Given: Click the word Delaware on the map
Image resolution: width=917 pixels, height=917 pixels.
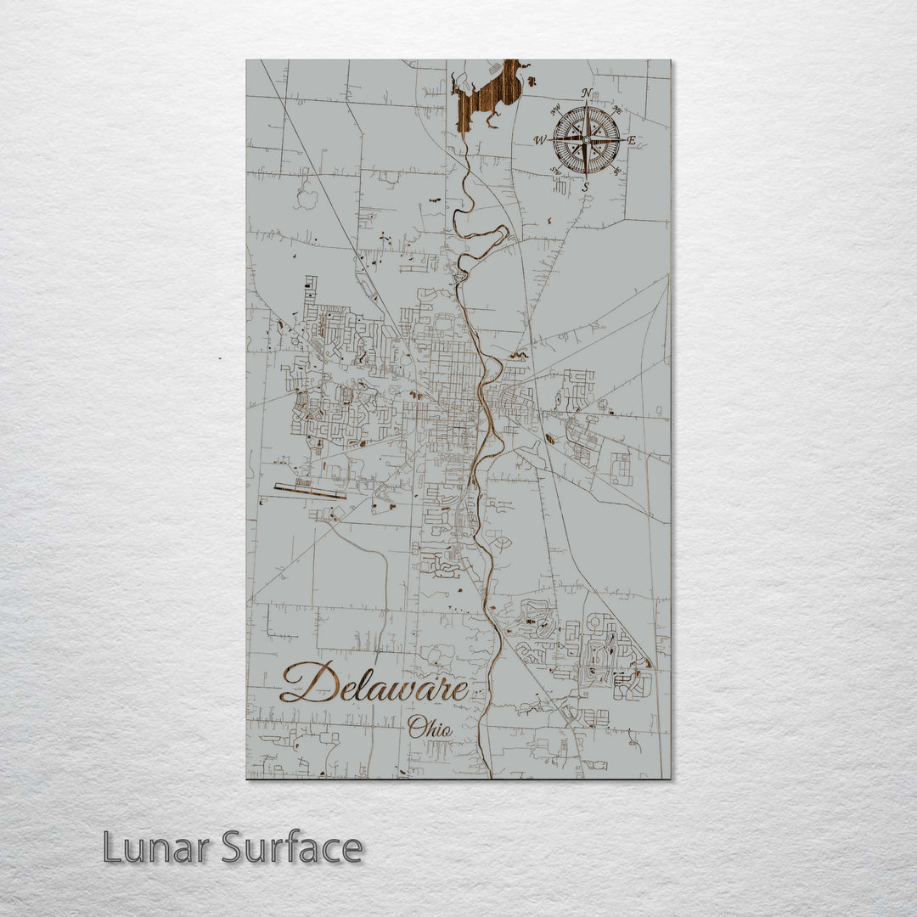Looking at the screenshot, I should pyautogui.click(x=374, y=684).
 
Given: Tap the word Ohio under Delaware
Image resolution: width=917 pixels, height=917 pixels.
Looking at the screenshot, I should pyautogui.click(x=430, y=727).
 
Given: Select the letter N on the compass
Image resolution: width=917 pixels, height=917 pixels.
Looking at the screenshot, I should pyautogui.click(x=587, y=93).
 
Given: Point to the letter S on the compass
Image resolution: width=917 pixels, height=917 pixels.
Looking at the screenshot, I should pyautogui.click(x=586, y=186).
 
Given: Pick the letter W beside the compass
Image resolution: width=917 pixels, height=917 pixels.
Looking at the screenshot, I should pyautogui.click(x=539, y=140).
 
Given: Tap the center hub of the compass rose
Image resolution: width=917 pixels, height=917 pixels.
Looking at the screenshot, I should pyautogui.click(x=586, y=139).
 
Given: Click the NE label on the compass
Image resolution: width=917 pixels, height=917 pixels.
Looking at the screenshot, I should pyautogui.click(x=617, y=110).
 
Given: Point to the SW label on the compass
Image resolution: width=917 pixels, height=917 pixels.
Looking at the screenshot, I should pyautogui.click(x=556, y=171).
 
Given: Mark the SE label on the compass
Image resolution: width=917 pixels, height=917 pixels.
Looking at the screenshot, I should pyautogui.click(x=617, y=171).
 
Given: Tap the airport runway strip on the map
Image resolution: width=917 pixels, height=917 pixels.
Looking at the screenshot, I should pyautogui.click(x=310, y=491).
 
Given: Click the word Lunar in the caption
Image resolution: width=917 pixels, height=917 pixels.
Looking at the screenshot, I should pyautogui.click(x=156, y=847).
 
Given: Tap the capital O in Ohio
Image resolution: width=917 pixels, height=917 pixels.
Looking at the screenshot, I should pyautogui.click(x=415, y=727).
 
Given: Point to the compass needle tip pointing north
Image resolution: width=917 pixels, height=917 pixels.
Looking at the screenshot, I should pyautogui.click(x=586, y=103).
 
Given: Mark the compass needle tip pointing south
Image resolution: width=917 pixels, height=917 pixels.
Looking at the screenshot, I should pyautogui.click(x=586, y=177).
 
